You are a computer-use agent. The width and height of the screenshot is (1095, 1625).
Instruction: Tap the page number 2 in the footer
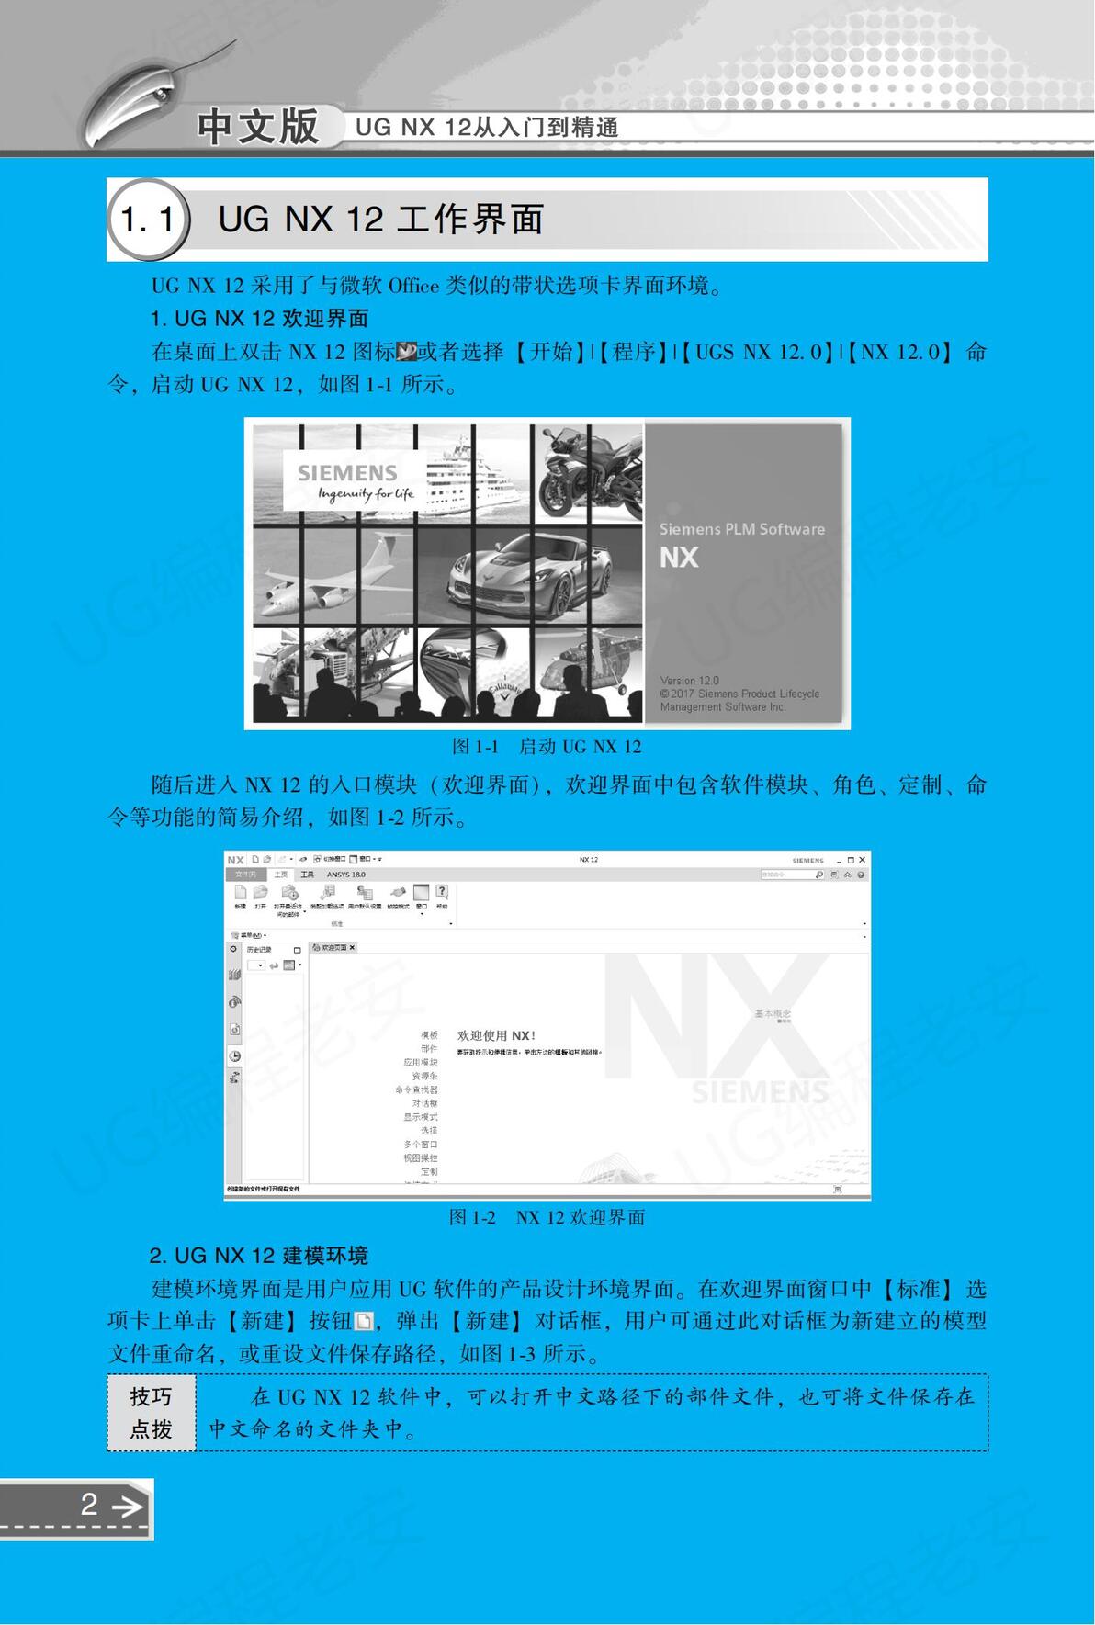pos(89,1504)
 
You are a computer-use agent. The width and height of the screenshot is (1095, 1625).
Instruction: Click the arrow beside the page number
pos(127,1506)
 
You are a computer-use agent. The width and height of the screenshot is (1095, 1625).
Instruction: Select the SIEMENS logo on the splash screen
pos(347,473)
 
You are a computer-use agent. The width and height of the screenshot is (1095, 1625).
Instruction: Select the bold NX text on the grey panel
pos(679,558)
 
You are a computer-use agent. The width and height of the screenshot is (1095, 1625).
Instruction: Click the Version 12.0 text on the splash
pos(689,681)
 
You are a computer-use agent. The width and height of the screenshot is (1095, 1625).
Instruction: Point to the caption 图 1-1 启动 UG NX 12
pos(547,747)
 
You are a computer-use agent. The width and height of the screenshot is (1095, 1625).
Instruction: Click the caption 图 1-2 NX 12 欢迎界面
pos(547,1217)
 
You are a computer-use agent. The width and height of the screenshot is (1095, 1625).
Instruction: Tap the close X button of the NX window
pos(862,860)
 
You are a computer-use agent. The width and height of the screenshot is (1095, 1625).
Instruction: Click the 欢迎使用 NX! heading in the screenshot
pos(496,1035)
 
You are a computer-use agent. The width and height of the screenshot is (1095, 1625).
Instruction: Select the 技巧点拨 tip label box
pos(151,1413)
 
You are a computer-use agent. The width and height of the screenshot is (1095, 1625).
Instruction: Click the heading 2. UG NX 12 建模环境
pos(258,1256)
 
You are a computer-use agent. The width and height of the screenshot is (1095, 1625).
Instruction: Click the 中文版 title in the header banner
pos(257,127)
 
